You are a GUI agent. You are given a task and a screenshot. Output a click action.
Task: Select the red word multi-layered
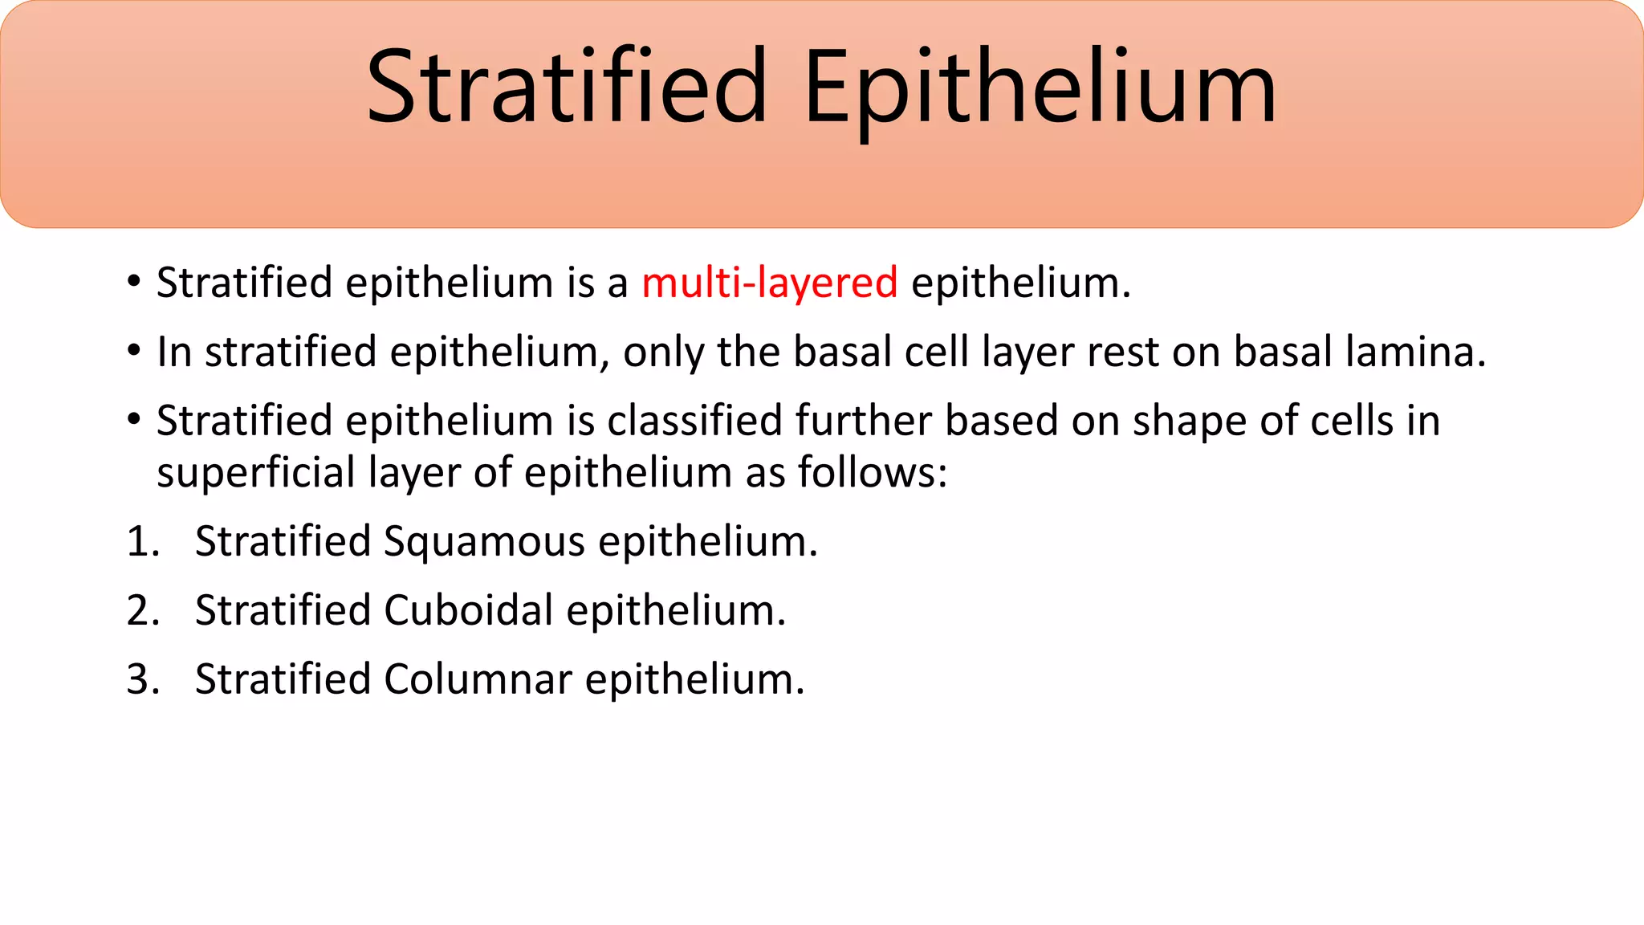(769, 283)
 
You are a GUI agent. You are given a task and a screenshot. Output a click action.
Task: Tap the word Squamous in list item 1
(484, 541)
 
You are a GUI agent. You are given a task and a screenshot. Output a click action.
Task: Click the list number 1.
(142, 541)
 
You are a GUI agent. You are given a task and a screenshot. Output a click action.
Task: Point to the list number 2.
(142, 610)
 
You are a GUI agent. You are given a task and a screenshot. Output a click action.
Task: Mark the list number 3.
(142, 679)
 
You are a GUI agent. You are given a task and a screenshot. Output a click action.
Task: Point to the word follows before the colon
(871, 472)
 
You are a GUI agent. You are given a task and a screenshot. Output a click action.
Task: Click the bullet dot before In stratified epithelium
(134, 352)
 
